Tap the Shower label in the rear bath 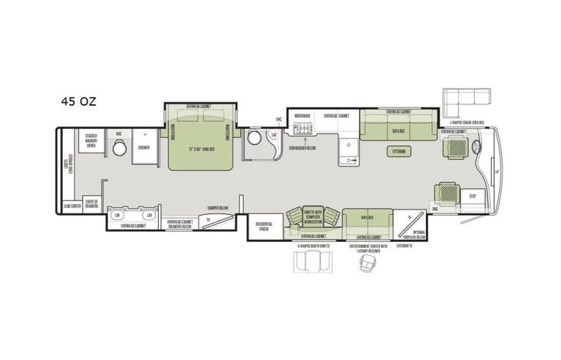tap(144, 147)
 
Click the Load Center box tap(72, 206)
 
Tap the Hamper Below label tap(219, 207)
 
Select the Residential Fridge tap(265, 226)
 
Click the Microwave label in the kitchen tap(302, 116)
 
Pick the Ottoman tap(399, 151)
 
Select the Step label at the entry tap(473, 196)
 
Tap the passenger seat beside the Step tap(447, 191)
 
